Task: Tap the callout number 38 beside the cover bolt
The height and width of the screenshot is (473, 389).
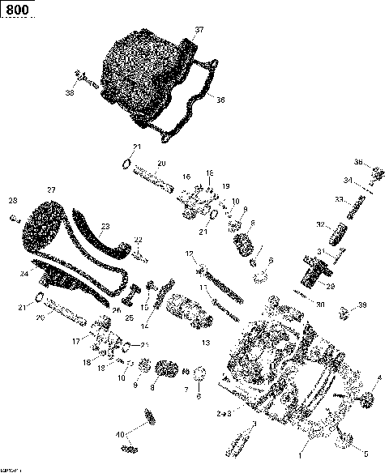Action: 70,94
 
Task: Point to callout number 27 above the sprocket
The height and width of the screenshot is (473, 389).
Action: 51,190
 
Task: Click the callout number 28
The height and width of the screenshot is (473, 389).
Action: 12,200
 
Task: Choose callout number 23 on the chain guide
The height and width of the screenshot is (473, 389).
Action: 105,227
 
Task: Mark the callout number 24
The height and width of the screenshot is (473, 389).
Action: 24,274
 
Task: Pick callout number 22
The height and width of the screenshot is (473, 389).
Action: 139,240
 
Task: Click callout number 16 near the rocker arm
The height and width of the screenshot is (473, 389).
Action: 186,177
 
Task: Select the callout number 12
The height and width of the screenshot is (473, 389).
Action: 189,254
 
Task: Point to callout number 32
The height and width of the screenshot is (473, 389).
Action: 320,224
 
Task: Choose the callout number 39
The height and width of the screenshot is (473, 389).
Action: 363,305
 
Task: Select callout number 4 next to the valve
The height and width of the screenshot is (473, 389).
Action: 378,378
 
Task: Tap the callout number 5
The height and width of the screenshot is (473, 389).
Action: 365,454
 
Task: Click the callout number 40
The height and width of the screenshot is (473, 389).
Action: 120,433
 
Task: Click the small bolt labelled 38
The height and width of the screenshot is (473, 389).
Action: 83,78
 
